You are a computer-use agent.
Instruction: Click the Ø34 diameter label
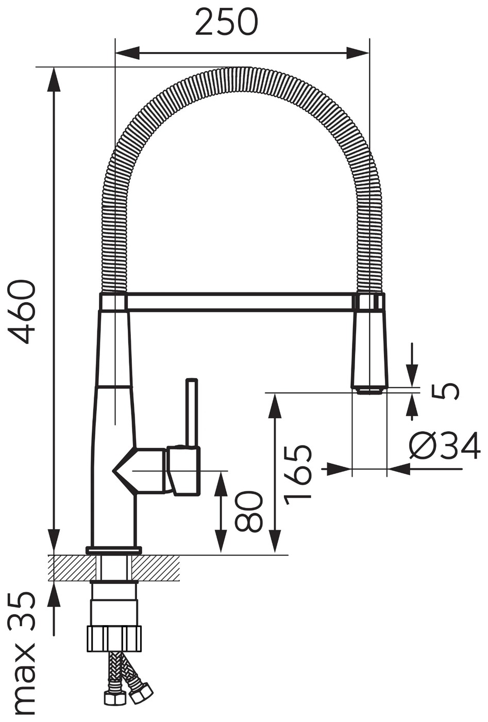[445, 446]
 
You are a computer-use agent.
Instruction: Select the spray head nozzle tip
[370, 391]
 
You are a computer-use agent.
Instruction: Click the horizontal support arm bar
[242, 302]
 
